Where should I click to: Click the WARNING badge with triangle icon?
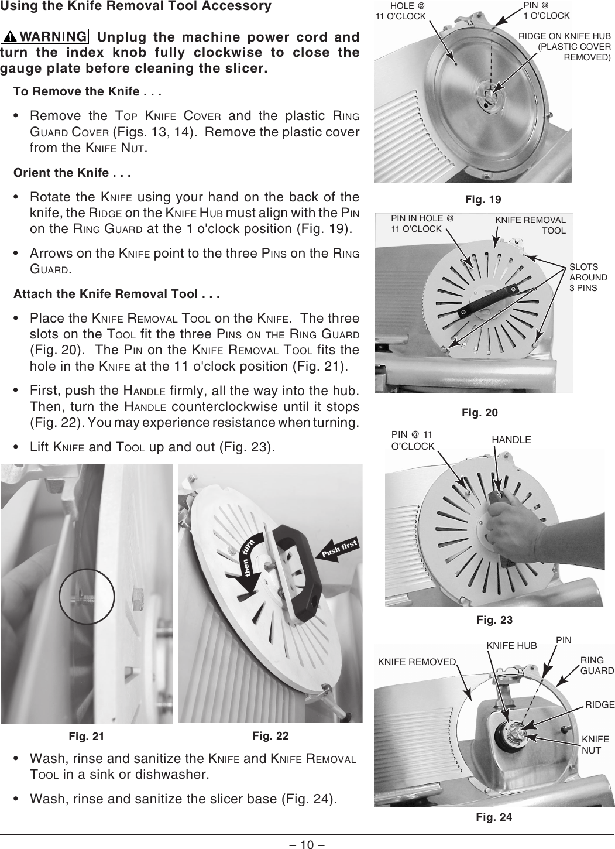[x=45, y=38]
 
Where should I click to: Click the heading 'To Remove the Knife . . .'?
[x=88, y=92]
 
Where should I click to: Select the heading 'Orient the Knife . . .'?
[x=71, y=173]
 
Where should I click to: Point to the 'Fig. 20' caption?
[x=480, y=413]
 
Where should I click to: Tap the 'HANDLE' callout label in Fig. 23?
[x=511, y=440]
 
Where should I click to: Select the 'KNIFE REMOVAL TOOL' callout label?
[x=530, y=225]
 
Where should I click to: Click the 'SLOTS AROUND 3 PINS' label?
[x=588, y=278]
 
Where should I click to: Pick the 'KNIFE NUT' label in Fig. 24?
[x=595, y=745]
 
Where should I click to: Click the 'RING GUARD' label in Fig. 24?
[x=597, y=666]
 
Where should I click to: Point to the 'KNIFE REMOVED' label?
[x=417, y=662]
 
